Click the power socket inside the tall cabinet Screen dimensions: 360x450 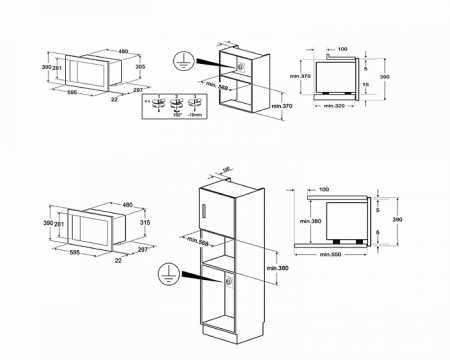click(229, 284)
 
